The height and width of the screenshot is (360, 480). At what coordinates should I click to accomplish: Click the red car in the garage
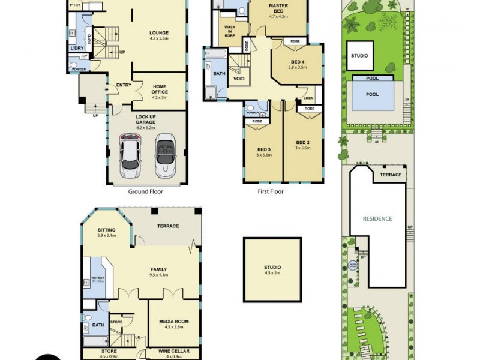pos(130,157)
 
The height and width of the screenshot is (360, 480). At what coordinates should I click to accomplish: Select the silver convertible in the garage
pos(165,157)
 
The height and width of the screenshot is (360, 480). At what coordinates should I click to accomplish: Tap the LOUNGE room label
pos(158,33)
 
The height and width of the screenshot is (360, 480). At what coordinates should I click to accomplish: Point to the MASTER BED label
pos(278,8)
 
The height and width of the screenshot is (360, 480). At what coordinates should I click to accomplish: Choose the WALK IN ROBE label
pos(230,32)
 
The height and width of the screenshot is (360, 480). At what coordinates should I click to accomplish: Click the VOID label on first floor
pos(238,77)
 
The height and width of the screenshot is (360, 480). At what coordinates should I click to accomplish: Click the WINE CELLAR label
pos(173,351)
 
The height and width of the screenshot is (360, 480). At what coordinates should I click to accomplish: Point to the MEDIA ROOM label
pos(173,322)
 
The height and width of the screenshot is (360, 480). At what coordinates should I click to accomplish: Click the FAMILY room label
pos(159,269)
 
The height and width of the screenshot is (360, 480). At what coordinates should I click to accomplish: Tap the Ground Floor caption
pos(145,192)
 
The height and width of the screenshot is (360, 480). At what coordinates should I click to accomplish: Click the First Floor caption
pos(270,192)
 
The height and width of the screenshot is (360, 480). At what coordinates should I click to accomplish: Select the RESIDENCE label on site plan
pos(377,218)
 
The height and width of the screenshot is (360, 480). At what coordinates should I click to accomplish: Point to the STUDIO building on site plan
pos(359,56)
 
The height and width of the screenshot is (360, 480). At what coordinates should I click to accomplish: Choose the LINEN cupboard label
pos(308,98)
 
